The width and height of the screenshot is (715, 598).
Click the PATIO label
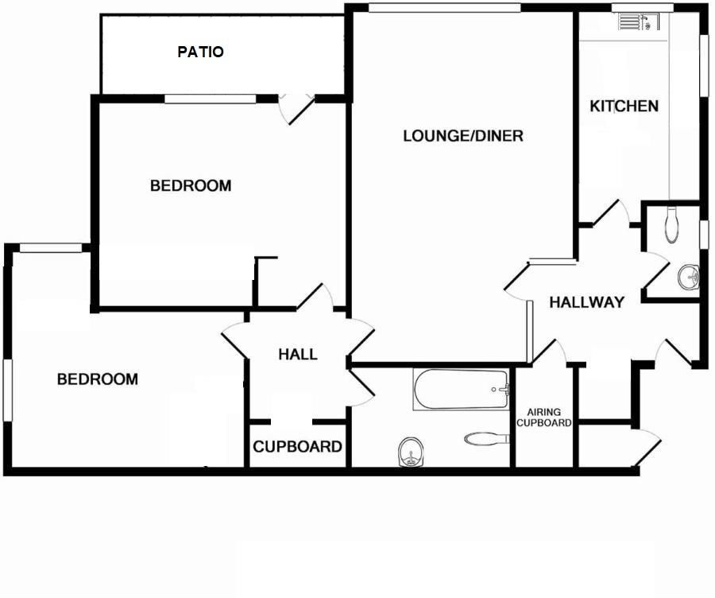pos(200,52)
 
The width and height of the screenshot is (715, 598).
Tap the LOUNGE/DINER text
pos(463,136)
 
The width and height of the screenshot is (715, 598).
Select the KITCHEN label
pos(624,106)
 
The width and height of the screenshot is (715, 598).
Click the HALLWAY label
pos(586,302)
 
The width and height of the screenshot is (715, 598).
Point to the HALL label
pos(298,355)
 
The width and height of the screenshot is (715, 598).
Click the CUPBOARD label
pos(298,447)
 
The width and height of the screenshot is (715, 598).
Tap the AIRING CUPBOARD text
pos(544,417)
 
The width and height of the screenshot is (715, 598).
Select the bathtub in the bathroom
pos(461,389)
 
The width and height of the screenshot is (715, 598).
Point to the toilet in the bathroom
pos(484,437)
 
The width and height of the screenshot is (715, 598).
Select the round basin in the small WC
pos(688,278)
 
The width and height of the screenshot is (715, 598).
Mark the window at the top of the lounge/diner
pos(444,8)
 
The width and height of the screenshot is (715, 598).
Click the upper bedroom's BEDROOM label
pos(191,186)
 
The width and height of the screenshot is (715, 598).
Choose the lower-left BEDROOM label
pos(97,379)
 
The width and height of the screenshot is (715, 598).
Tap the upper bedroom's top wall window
pos(211,99)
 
